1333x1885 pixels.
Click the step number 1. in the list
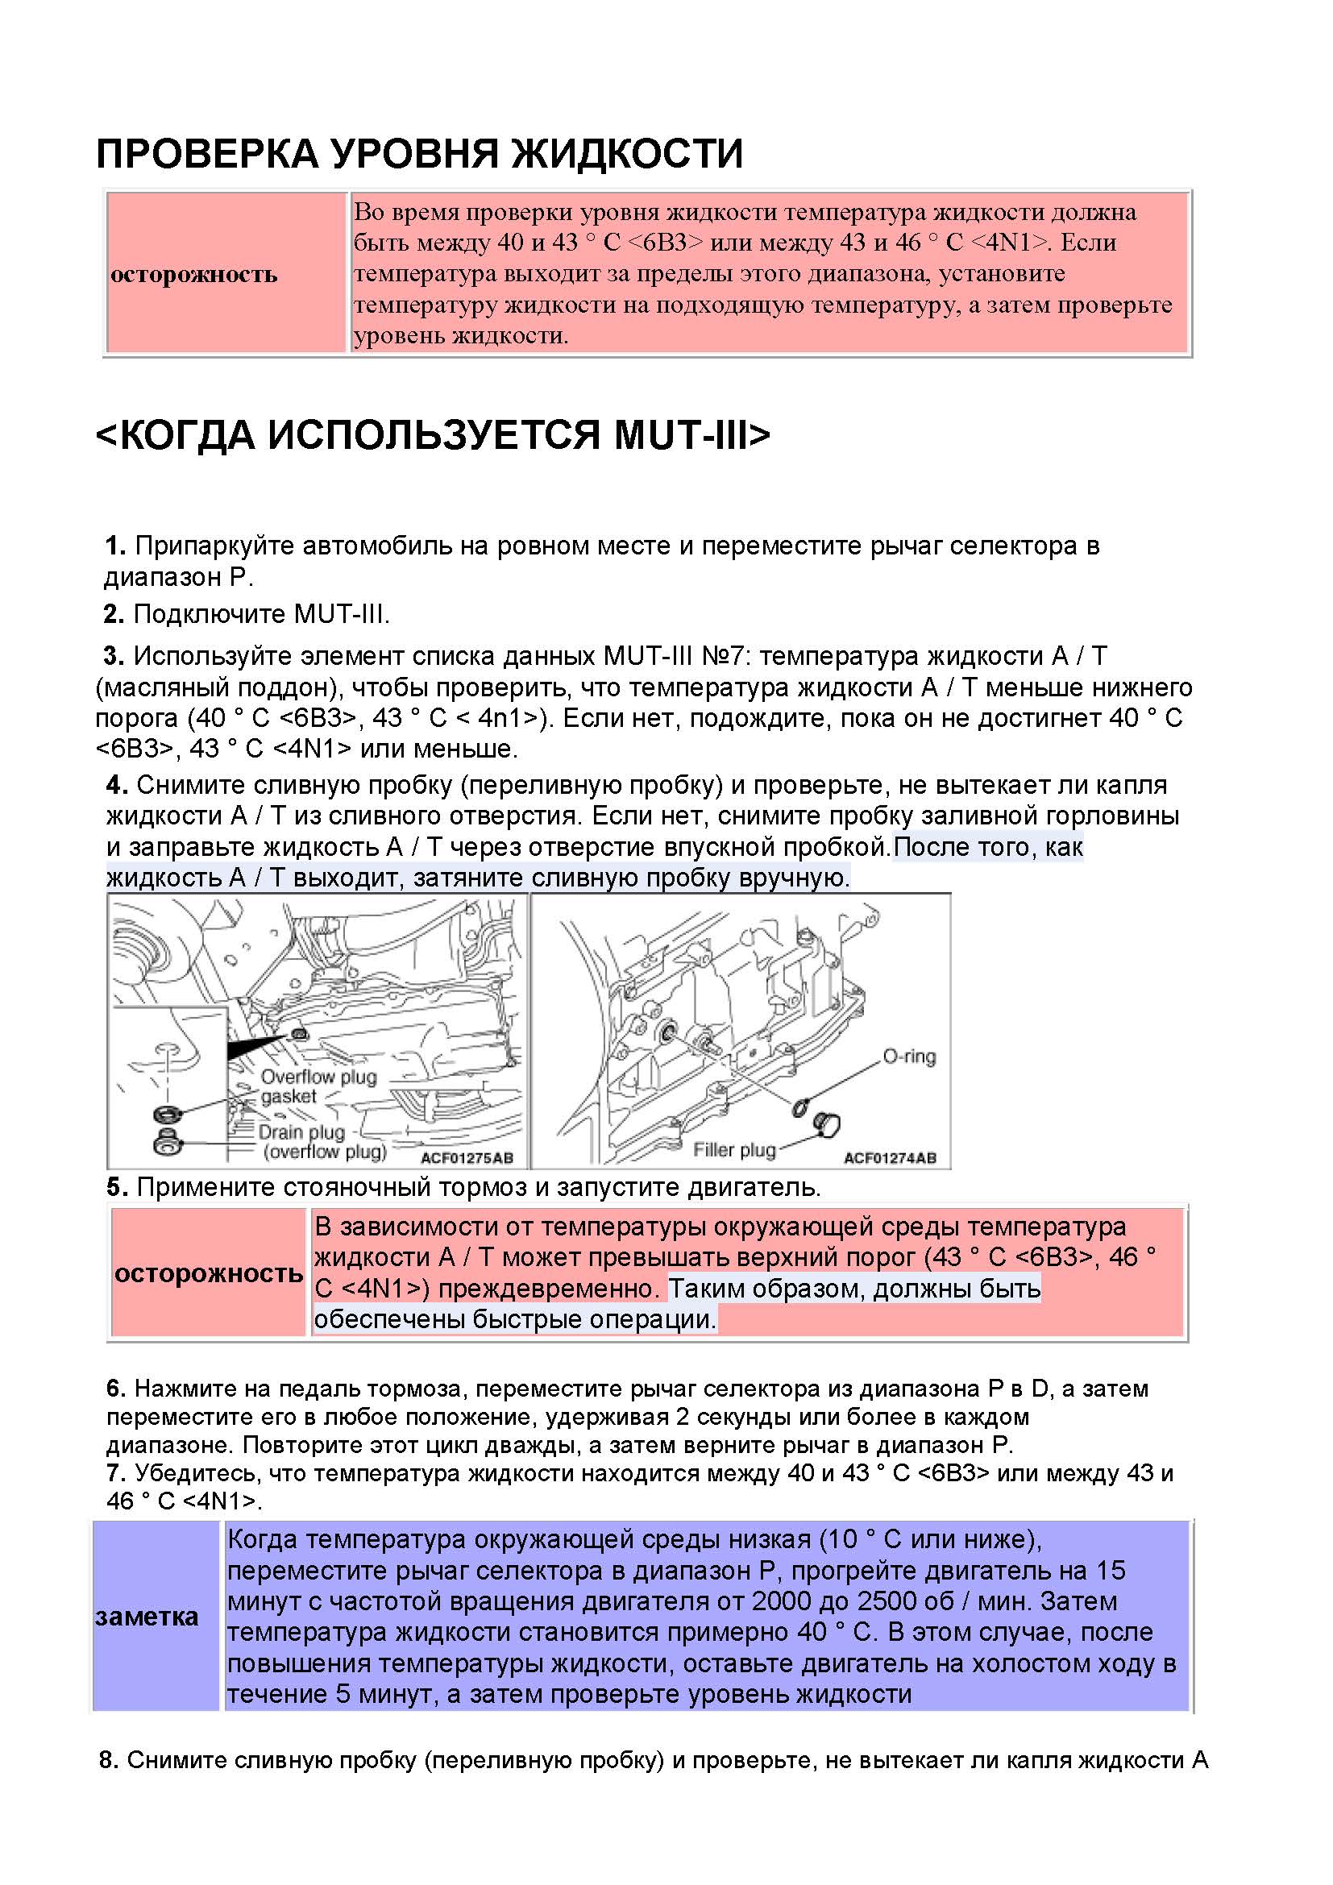click(115, 545)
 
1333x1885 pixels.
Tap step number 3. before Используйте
click(114, 655)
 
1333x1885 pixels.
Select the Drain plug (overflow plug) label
click(322, 1142)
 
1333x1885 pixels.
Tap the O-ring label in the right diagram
click(908, 1057)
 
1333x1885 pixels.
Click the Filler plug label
click(734, 1149)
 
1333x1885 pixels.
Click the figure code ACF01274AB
click(890, 1157)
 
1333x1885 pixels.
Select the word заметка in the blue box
click(147, 1617)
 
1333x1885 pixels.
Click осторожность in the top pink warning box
click(193, 273)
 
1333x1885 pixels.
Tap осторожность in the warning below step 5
click(209, 1273)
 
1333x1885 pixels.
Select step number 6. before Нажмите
click(116, 1389)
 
